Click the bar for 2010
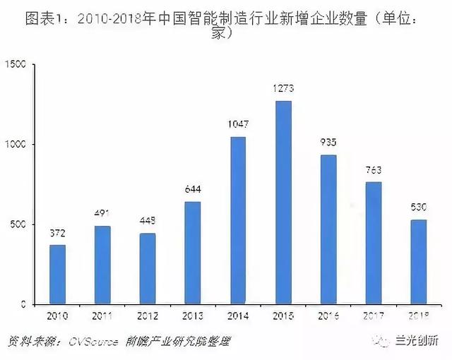tap(57, 275)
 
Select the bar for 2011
tap(102, 265)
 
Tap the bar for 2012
tap(148, 268)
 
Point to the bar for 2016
tap(328, 229)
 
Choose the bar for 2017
tap(373, 243)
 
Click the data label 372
tap(57, 234)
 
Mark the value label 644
tap(193, 190)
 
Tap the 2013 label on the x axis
tap(193, 317)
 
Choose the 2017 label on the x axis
tap(373, 317)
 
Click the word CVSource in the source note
tap(92, 342)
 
